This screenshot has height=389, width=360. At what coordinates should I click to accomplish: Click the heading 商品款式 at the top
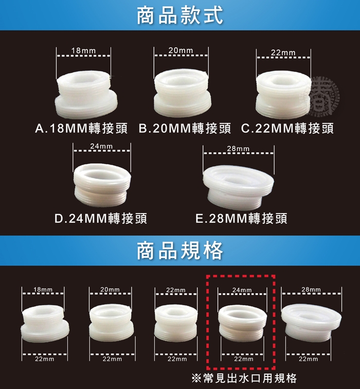[180, 15]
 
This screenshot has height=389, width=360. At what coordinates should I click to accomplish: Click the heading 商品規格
[180, 251]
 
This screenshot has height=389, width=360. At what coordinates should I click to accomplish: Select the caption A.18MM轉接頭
[81, 129]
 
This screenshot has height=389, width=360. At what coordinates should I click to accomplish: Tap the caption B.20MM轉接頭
[185, 129]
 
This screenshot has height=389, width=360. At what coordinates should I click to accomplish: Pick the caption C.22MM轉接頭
[287, 129]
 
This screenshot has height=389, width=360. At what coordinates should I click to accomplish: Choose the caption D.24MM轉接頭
[101, 219]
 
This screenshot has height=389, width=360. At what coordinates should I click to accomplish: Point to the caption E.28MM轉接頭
[241, 219]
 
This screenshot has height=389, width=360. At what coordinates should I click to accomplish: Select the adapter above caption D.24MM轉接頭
[102, 185]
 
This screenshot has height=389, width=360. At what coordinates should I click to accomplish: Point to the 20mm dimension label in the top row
[181, 50]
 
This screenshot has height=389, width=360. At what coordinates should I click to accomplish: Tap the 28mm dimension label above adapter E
[238, 149]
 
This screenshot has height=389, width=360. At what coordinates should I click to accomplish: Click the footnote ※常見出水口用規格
[244, 378]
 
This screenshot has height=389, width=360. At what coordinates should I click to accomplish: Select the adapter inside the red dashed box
[242, 323]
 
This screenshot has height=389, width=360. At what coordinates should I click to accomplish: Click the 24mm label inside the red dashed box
[242, 290]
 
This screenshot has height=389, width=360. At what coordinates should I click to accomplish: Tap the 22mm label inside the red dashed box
[244, 359]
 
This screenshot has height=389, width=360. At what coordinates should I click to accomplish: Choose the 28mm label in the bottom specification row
[311, 289]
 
